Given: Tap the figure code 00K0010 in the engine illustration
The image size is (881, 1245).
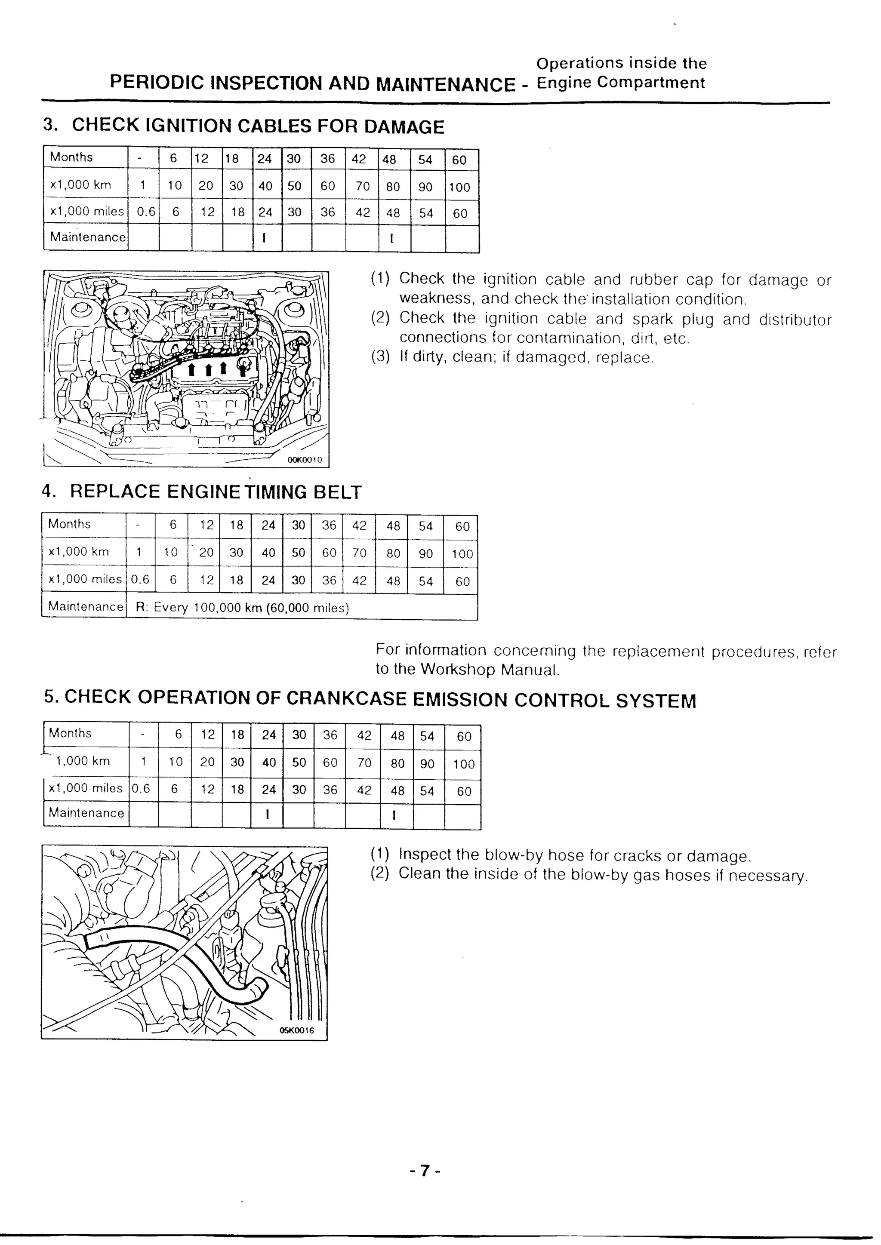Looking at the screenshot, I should [304, 460].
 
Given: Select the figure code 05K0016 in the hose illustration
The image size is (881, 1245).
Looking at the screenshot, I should [297, 1030].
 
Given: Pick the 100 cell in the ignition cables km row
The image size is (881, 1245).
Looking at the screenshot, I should [459, 187].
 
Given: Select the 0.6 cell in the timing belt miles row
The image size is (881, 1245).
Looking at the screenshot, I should [140, 579].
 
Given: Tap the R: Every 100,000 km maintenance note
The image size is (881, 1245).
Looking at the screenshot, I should [242, 607].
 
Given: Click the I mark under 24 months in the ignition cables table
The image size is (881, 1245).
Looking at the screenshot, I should [264, 238].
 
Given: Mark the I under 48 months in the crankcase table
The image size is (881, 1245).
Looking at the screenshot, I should [394, 815].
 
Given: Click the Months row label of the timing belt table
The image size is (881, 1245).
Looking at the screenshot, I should [69, 524].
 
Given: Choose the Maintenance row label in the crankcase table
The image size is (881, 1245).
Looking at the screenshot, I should [86, 813].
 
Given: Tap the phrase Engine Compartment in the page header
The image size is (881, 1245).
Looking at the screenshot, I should [621, 83].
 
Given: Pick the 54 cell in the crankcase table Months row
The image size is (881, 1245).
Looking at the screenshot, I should [427, 736].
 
